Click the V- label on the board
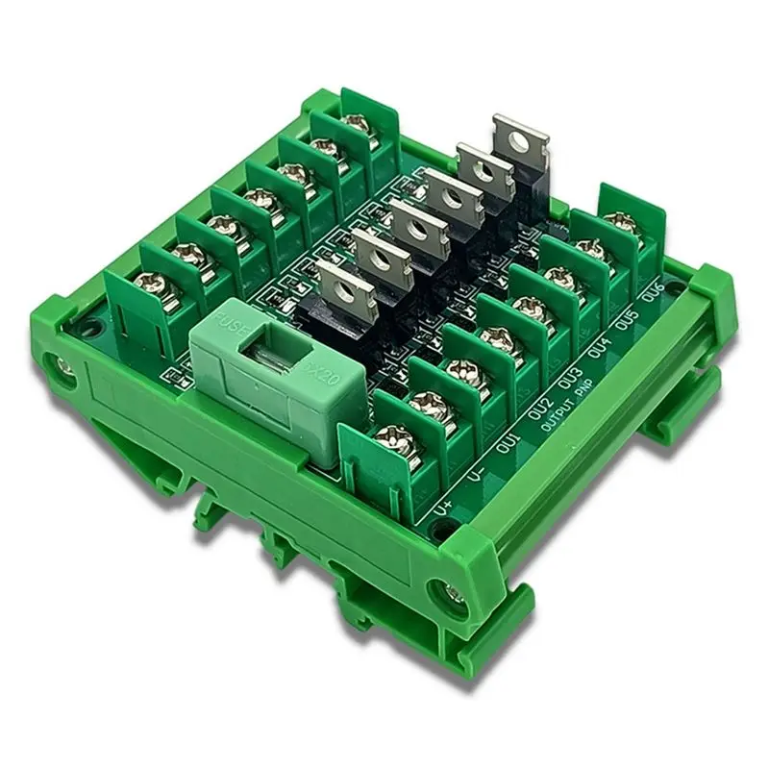pyautogui.click(x=474, y=478)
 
